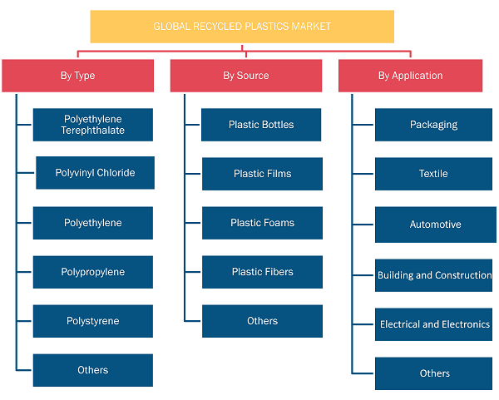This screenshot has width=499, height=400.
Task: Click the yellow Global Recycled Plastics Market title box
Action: tap(242, 27)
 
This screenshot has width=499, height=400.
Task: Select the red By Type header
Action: tap(77, 76)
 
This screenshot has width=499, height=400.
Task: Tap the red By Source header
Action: tap(246, 76)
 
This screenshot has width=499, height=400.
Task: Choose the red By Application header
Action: tap(411, 76)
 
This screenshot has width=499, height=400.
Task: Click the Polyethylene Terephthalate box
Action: tap(93, 125)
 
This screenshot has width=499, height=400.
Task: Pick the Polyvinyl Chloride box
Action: tap(95, 173)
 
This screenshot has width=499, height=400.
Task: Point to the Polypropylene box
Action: tap(93, 272)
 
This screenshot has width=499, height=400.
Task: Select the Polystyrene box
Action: tap(93, 321)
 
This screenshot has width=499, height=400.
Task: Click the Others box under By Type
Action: tap(93, 370)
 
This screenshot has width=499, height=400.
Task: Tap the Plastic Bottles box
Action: tap(261, 125)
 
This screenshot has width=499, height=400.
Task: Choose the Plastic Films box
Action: tap(262, 174)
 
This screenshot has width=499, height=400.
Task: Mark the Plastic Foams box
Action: tap(262, 223)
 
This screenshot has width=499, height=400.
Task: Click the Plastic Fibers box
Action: tap(262, 272)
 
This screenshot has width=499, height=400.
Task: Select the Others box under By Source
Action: tap(262, 321)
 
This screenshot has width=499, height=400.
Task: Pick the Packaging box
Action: tap(433, 125)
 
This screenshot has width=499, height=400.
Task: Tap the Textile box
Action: tap(433, 174)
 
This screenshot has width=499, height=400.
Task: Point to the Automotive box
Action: tap(436, 225)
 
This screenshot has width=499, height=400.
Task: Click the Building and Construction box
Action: tap(433, 275)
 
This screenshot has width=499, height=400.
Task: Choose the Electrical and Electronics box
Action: tap(433, 324)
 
